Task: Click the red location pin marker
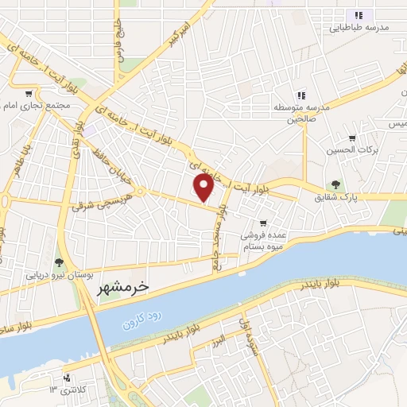pyautogui.click(x=204, y=188)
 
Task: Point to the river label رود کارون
pyautogui.click(x=141, y=319)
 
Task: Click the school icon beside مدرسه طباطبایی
pyautogui.click(x=358, y=14)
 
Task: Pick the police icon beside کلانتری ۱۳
pyautogui.click(x=66, y=377)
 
